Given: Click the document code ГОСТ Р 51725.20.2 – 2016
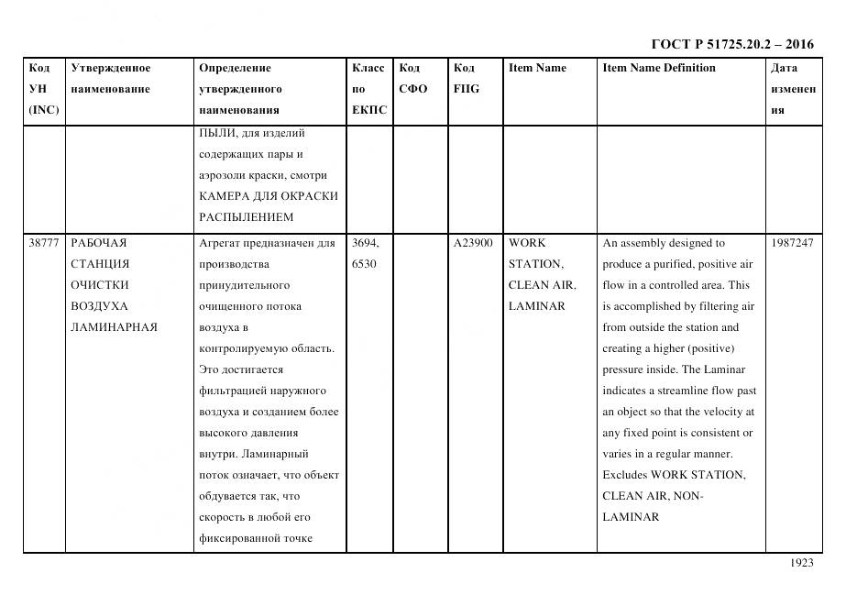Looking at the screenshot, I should pyautogui.click(x=731, y=44).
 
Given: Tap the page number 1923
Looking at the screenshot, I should pyautogui.click(x=801, y=563).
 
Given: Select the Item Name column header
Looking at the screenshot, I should pyautogui.click(x=537, y=68).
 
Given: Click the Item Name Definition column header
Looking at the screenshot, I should pyautogui.click(x=659, y=68).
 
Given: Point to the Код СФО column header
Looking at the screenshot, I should pyautogui.click(x=412, y=79).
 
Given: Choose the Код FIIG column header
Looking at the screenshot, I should pyautogui.click(x=466, y=79).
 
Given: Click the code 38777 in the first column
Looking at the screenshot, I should pyautogui.click(x=44, y=243).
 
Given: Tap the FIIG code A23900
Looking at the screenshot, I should pyautogui.click(x=473, y=243).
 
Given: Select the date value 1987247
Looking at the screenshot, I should pyautogui.click(x=793, y=243).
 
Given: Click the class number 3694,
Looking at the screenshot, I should pyautogui.click(x=367, y=243).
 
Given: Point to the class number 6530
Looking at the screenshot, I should pyautogui.click(x=365, y=264).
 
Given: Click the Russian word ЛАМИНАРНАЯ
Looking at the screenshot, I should pyautogui.click(x=114, y=327).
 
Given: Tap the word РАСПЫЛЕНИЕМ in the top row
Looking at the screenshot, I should pyautogui.click(x=247, y=217).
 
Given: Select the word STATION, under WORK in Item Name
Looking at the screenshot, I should pyautogui.click(x=535, y=264).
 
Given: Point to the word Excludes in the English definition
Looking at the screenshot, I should pyautogui.click(x=624, y=475).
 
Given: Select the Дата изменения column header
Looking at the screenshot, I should pyautogui.click(x=793, y=89).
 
